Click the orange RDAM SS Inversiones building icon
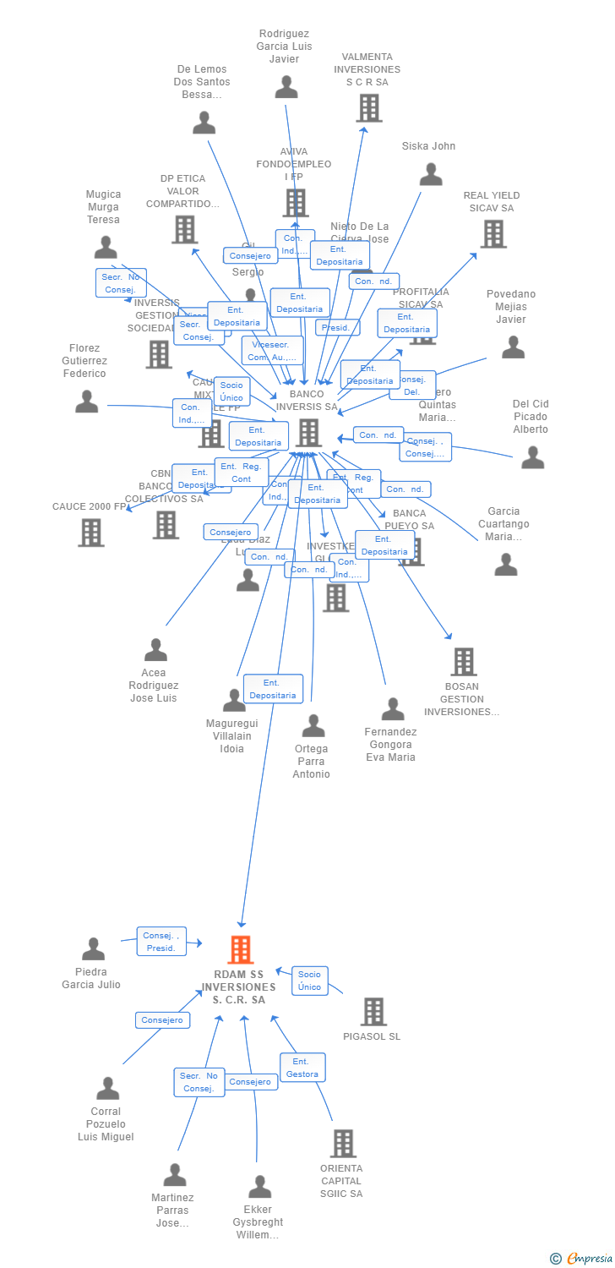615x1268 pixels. point(241,949)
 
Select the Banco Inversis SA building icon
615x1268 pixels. point(308,432)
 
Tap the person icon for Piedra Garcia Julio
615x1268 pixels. point(93,948)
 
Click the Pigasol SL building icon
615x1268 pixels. point(373,1011)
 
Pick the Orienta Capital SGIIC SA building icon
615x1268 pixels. point(342,1144)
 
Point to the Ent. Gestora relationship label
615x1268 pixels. point(302,1068)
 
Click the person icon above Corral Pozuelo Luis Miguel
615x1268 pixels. point(107,1088)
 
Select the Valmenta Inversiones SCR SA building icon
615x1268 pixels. point(368,107)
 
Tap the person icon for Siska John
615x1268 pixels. point(431,174)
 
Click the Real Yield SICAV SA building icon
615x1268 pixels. point(493,234)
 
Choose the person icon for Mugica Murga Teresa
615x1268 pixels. point(106,247)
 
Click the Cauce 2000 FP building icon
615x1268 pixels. point(90,533)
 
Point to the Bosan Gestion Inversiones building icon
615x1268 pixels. point(463,662)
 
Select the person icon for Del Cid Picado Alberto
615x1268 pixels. point(532,456)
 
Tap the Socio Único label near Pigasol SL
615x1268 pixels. point(309,981)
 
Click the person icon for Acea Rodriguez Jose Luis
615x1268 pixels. point(155,649)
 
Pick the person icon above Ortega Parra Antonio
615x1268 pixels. point(313,725)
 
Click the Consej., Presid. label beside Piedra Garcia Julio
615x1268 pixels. point(161,942)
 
